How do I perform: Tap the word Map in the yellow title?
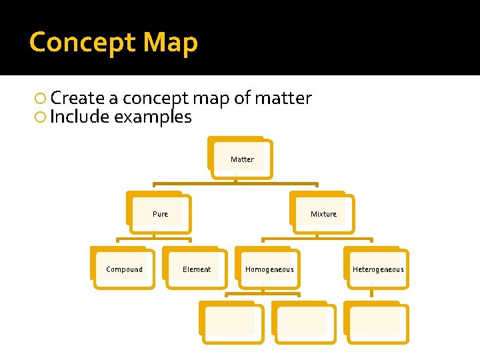point(171,42)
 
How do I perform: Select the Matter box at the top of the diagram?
point(241,159)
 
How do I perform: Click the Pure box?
point(160,214)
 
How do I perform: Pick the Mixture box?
point(323,214)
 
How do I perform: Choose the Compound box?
point(124,269)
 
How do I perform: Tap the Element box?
point(197,269)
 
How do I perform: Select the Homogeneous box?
point(269,269)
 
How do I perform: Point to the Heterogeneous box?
point(377,269)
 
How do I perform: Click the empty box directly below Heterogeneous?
point(377,323)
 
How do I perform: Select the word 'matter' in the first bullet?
point(283,99)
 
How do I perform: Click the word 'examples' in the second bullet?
point(153,117)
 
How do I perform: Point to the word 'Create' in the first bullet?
point(77,99)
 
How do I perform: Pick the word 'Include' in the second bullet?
point(79,117)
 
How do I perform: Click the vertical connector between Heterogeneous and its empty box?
point(371,294)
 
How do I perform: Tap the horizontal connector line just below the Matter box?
point(235,183)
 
